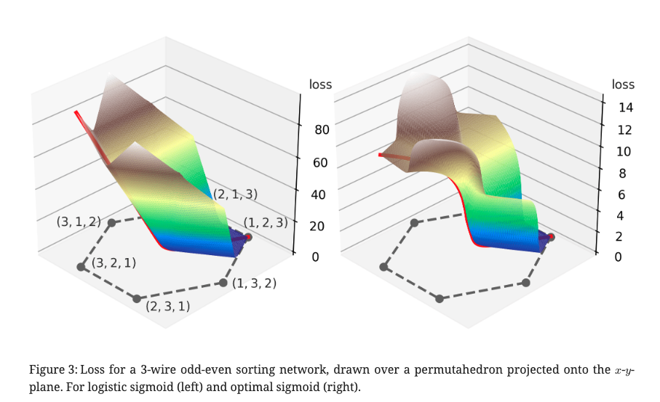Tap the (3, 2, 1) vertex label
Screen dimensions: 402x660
coord(114,262)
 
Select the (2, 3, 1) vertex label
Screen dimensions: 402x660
coord(168,306)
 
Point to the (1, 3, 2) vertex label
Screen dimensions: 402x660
coord(255,283)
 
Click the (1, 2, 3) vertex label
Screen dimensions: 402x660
coord(266,223)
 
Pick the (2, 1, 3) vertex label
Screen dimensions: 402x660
coord(236,195)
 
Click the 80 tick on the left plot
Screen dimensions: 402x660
coord(321,130)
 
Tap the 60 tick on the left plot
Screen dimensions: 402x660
coord(321,163)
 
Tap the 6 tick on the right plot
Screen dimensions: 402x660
coord(620,195)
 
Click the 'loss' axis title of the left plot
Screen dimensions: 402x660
coord(320,84)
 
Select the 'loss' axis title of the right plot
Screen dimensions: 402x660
coord(623,84)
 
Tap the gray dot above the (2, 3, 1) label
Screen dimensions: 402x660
coord(136,298)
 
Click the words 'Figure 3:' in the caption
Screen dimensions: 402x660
coord(52,371)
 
